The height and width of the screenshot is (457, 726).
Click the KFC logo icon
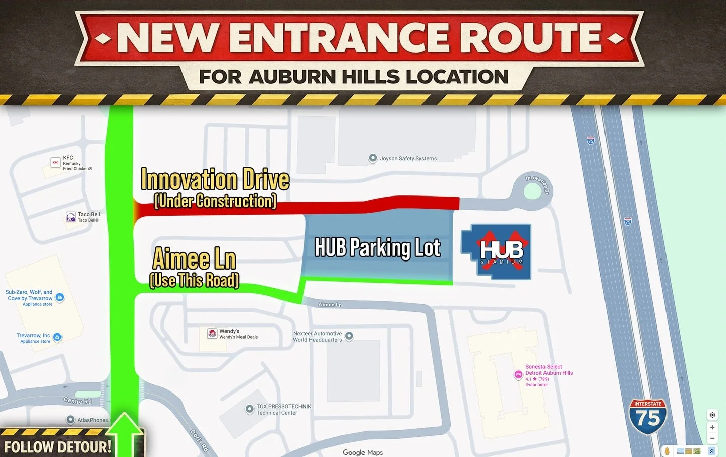[x=55, y=163]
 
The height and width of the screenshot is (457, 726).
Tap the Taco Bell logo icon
[x=71, y=217]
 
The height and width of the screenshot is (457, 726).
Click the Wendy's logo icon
[x=212, y=333]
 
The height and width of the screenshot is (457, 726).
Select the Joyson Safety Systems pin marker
[x=373, y=158]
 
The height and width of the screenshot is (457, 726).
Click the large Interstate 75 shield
[x=648, y=416]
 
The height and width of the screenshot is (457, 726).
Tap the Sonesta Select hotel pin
[x=518, y=374]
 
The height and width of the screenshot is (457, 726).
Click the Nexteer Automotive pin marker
[x=349, y=336]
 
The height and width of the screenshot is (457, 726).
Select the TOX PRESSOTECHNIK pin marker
[x=249, y=409]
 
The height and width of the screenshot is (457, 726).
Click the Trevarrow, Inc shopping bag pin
[x=57, y=337]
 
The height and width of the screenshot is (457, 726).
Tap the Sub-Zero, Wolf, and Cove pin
[x=59, y=297]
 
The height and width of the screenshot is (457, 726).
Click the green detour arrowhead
[x=124, y=423]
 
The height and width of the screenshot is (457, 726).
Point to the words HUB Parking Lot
[x=377, y=248]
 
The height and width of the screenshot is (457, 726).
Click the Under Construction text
[x=215, y=201]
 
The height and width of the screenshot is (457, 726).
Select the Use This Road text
[x=195, y=280]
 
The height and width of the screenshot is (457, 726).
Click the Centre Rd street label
[x=78, y=401]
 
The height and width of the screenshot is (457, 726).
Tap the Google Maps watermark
[x=362, y=452]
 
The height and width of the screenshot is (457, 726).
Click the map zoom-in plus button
[x=712, y=427]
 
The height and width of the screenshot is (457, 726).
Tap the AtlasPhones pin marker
[x=70, y=420]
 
